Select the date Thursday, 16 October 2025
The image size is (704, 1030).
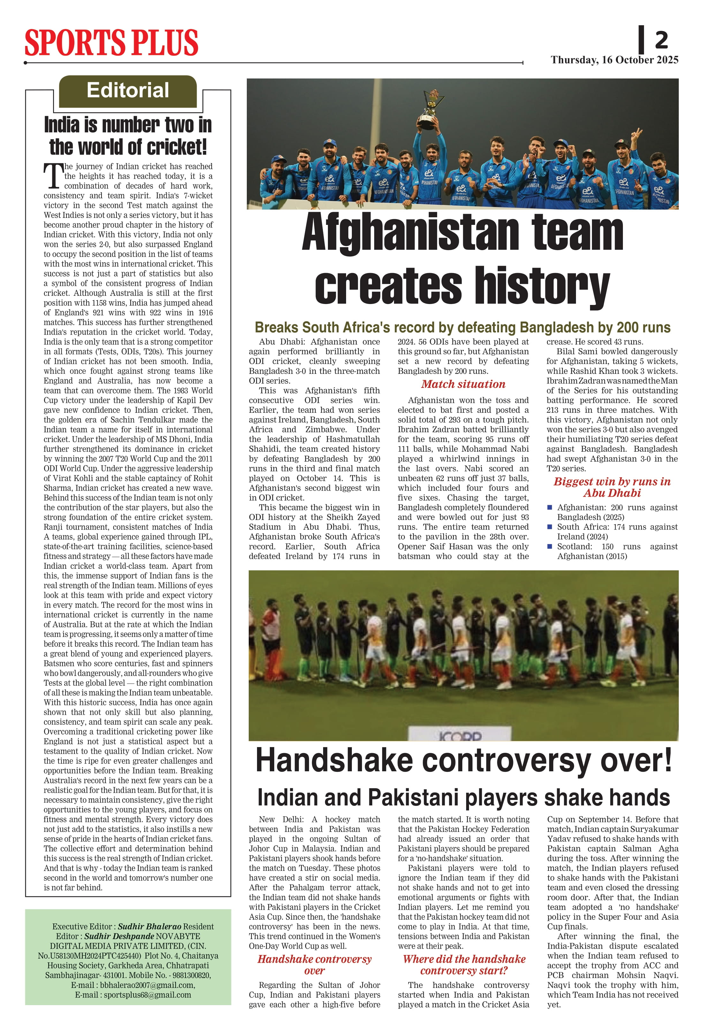pyautogui.click(x=614, y=60)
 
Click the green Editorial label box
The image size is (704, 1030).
pyautogui.click(x=128, y=91)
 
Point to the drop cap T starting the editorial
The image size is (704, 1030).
pyautogui.click(x=53, y=176)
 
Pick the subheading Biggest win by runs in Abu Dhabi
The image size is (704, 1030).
pyautogui.click(x=612, y=487)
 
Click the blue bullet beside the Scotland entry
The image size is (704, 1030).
pyautogui.click(x=549, y=546)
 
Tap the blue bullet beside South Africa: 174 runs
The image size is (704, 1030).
pyautogui.click(x=549, y=527)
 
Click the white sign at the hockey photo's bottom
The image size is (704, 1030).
pyautogui.click(x=459, y=734)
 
